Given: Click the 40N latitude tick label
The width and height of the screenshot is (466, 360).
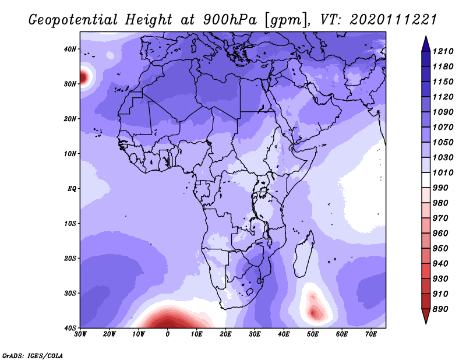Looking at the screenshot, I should (x=69, y=49).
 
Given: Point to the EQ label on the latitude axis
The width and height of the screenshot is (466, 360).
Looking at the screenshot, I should (x=71, y=189).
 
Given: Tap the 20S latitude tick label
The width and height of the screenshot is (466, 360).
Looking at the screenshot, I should (x=69, y=258).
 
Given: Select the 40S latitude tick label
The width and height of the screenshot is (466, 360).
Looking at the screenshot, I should (x=69, y=327).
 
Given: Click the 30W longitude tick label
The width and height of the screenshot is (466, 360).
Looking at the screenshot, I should (x=80, y=334).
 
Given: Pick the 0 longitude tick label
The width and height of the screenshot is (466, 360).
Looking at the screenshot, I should (x=168, y=334).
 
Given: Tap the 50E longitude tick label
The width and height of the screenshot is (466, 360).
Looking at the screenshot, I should (x=313, y=334).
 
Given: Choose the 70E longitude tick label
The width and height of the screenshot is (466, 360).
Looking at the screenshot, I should (x=371, y=334).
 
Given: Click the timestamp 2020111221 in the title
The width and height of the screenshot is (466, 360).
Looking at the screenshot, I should (x=393, y=19).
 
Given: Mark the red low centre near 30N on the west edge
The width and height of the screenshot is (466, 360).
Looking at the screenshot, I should (x=84, y=76).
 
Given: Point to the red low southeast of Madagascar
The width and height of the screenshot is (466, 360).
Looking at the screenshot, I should (x=315, y=312).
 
